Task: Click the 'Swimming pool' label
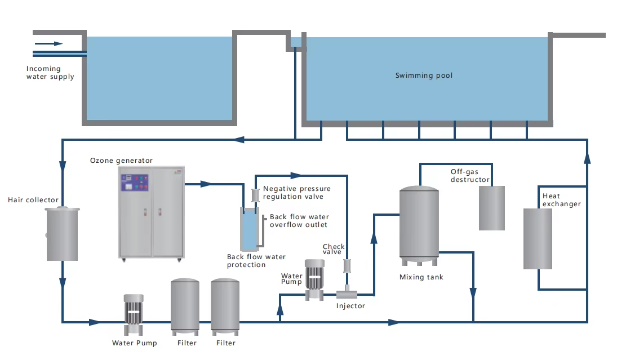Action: tap(424, 75)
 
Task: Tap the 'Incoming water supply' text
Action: tap(50, 73)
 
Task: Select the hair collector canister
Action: tap(62, 233)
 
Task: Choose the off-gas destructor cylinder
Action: tap(491, 207)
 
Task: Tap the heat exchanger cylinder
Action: tap(538, 238)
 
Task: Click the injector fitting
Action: tap(347, 293)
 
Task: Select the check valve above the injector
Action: tap(347, 266)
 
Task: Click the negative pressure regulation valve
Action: tap(255, 195)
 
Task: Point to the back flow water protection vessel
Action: tap(249, 229)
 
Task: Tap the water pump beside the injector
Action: tap(314, 274)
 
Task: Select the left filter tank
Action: tap(185, 305)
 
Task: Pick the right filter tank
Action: tap(225, 305)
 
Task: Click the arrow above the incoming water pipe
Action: tap(49, 43)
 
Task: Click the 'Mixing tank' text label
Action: tap(421, 277)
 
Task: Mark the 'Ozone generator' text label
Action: tap(121, 161)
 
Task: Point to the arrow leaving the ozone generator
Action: tap(206, 184)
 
